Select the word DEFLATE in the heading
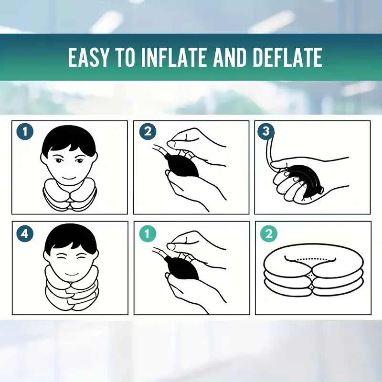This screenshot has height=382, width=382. point(288,57)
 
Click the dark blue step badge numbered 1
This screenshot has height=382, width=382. point(25,132)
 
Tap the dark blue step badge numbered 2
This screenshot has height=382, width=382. point(148,132)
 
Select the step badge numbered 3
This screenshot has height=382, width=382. point(266,132)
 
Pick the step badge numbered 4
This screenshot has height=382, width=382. point(25,234)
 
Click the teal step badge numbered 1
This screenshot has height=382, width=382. point(148,234)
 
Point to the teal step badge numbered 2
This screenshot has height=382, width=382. point(269,234)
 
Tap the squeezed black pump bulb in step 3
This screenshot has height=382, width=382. point(307,180)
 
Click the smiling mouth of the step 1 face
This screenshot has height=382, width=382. point(69,177)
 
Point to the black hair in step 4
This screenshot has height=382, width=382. point(71,235)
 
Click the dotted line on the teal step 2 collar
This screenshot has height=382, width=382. point(311,259)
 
